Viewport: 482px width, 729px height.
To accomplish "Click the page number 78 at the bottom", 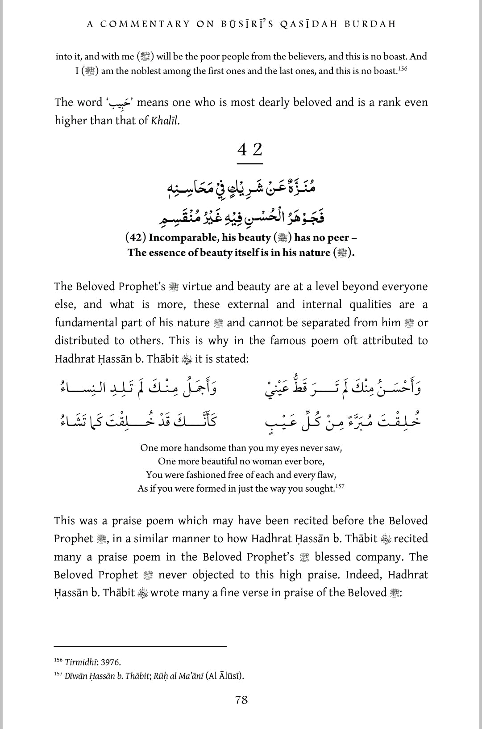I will coord(241,700).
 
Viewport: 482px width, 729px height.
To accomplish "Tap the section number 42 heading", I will coord(249,149).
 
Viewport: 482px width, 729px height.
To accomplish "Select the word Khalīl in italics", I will coord(165,121).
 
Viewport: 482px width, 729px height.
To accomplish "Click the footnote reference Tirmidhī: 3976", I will coord(93,662).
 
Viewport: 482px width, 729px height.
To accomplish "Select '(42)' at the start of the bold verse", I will coord(136,238).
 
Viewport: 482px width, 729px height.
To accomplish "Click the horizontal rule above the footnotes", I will coord(140,646).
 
